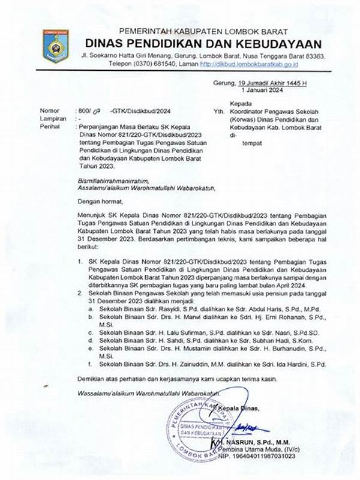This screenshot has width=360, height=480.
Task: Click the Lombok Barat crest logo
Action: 55,46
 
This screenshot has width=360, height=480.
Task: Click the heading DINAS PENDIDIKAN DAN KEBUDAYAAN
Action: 203,43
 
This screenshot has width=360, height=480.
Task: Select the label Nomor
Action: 50,112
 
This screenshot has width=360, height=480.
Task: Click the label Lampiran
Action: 52,119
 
